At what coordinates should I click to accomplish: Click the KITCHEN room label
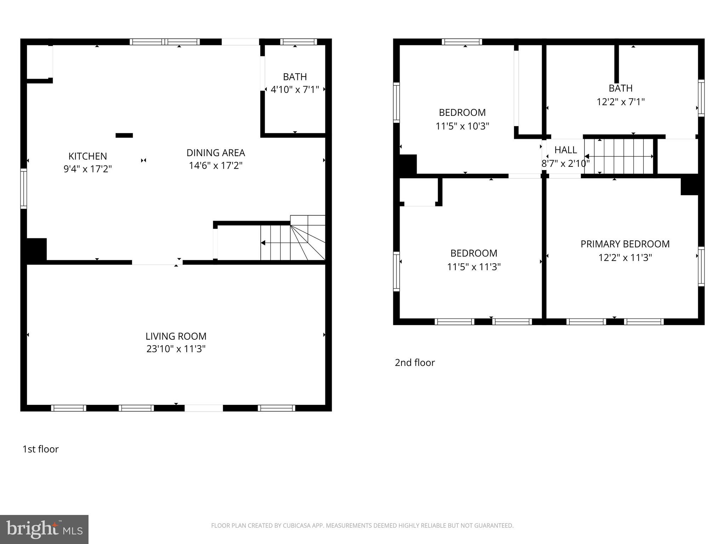[x=87, y=156]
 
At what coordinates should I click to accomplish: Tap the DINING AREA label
[x=216, y=153]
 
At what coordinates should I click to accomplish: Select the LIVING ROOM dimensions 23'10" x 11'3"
[x=176, y=349]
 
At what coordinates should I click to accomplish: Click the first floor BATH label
[x=295, y=77]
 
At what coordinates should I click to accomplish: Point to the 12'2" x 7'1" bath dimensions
[x=621, y=102]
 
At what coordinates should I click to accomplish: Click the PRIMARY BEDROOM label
[x=625, y=244]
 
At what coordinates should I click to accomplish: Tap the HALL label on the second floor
[x=565, y=150]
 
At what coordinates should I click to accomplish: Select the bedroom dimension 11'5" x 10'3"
[x=462, y=126]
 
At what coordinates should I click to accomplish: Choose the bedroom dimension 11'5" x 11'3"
[x=474, y=267]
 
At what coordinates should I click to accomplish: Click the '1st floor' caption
[x=40, y=449]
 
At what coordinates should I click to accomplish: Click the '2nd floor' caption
[x=415, y=363]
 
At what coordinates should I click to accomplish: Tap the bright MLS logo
[x=44, y=529]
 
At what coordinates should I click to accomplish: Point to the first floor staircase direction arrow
[x=263, y=243]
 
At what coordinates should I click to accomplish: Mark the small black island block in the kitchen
[x=124, y=135]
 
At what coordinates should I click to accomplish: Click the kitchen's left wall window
[x=24, y=188]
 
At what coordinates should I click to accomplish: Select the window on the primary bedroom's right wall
[x=701, y=266]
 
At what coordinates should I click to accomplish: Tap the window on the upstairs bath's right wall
[x=701, y=98]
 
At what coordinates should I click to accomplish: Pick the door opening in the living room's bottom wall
[x=204, y=408]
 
